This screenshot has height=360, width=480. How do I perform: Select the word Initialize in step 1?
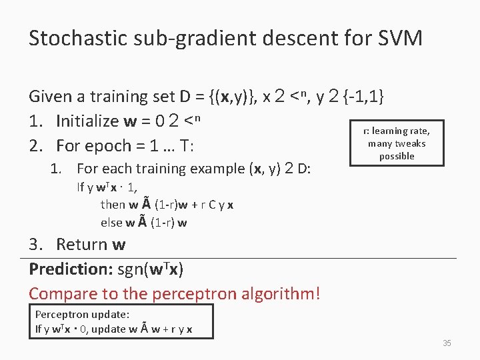tap(87, 121)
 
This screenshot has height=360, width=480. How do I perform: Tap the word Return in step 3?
tap(82, 244)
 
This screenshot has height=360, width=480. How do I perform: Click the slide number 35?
tap(447, 343)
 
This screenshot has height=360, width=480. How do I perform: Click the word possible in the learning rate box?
tap(397, 156)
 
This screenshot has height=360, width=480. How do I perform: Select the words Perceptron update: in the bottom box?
tap(82, 314)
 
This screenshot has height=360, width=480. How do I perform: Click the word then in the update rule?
tap(113, 205)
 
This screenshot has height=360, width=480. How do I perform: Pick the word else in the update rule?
tap(111, 222)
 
